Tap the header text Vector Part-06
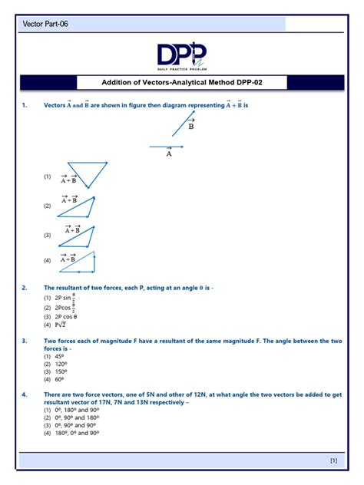(45, 25)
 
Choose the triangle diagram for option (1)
(86, 173)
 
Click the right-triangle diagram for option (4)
(78, 262)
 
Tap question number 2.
(25, 288)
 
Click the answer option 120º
(58, 364)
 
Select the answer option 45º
(58, 356)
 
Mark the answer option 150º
(58, 371)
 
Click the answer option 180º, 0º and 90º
(75, 432)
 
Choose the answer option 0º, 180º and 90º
(75, 410)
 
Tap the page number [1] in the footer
(333, 460)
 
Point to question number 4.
(25, 394)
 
